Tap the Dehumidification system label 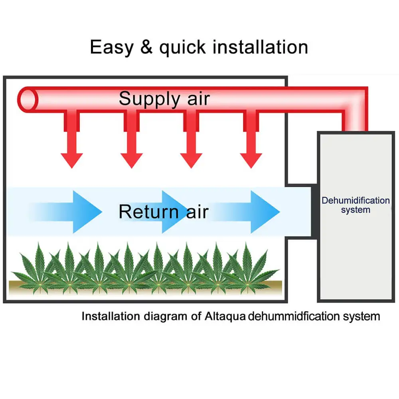356,205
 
